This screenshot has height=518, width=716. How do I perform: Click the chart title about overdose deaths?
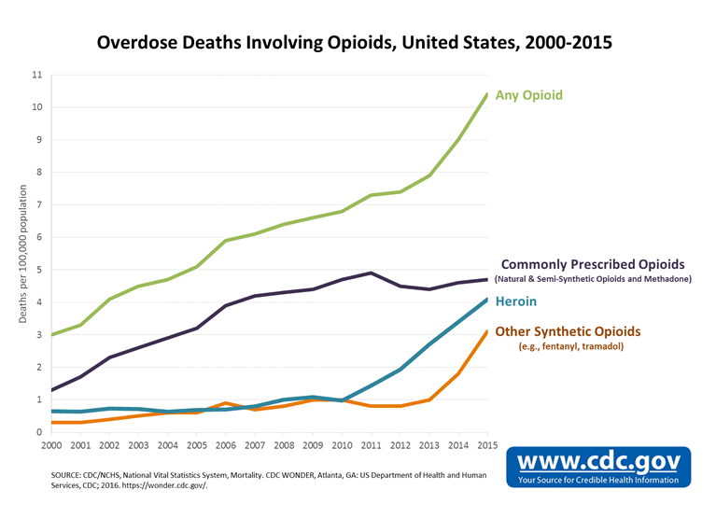(358, 43)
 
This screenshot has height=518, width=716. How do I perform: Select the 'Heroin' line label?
(515, 302)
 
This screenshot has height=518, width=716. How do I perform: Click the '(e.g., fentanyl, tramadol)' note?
(571, 346)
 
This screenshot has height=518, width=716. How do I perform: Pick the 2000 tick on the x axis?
(51, 446)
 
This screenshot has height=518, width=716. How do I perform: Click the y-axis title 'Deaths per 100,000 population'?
(23, 252)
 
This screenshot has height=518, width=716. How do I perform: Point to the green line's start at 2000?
(51, 334)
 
